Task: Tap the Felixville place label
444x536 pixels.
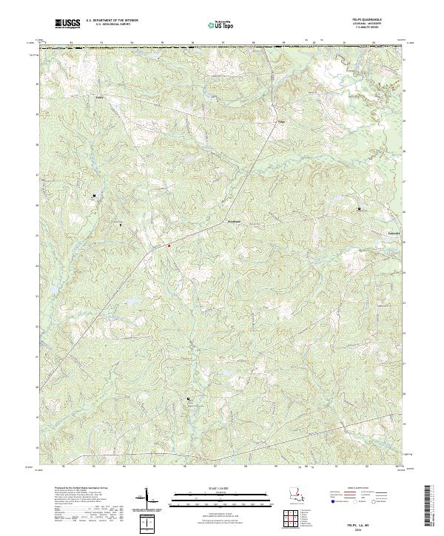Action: (397, 233)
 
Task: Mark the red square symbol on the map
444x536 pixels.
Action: (169, 244)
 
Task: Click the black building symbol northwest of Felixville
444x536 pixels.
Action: (360, 209)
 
